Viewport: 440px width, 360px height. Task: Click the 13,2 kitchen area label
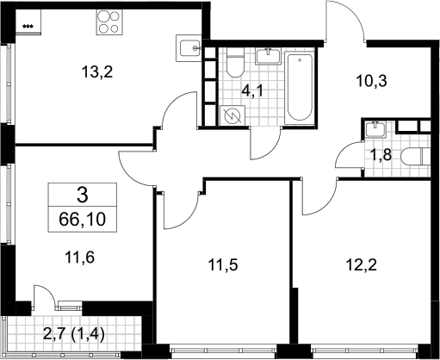pos(97,71)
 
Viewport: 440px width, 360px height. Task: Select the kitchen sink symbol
pos(189,48)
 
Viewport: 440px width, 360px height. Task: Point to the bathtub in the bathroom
pos(300,87)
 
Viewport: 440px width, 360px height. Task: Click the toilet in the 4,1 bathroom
pos(235,62)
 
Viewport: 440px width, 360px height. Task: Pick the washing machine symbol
pos(232,115)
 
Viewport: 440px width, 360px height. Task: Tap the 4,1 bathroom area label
pos(252,91)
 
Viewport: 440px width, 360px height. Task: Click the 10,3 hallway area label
pos(371,81)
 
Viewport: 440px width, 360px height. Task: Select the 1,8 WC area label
pos(381,155)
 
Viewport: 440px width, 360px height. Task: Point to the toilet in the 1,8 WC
pos(415,157)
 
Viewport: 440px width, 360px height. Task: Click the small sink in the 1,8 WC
pos(375,128)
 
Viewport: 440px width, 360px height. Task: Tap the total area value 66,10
pos(83,220)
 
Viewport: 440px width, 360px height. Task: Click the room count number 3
pos(83,196)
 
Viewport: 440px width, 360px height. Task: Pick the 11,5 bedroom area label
pos(223,264)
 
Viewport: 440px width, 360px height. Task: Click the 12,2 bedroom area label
pos(361,264)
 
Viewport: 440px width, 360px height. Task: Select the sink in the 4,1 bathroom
pos(268,56)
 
